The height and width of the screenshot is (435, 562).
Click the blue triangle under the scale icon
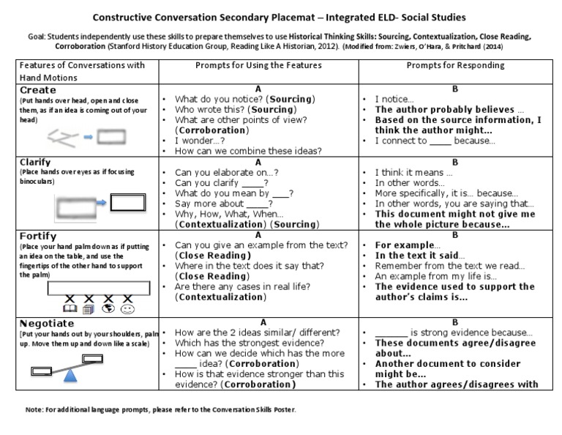coord(71,375)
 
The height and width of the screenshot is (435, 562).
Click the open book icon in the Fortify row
coord(70,309)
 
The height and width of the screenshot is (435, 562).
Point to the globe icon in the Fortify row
coord(108,309)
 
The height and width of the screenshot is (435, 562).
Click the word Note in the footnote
coord(34,409)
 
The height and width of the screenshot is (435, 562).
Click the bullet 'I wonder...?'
coord(198,140)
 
